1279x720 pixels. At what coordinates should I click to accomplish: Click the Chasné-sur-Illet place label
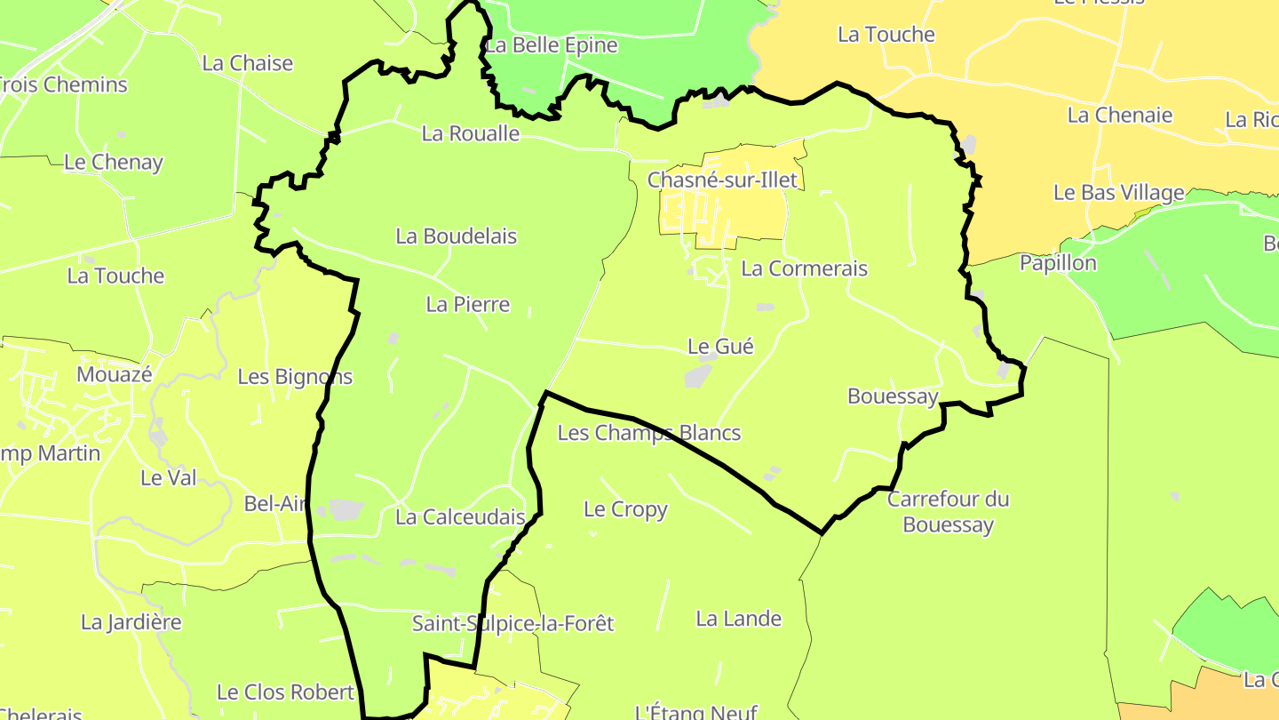point(722,180)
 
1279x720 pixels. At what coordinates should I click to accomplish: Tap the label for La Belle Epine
point(551,45)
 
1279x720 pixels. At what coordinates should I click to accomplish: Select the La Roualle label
point(471,133)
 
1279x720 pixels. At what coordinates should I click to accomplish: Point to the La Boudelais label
point(457,236)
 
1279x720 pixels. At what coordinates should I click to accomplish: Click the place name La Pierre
point(468,305)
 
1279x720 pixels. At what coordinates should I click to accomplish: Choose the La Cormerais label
point(804,268)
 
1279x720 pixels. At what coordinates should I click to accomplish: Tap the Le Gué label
point(720,347)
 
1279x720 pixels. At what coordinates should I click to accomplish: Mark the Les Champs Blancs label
point(648,434)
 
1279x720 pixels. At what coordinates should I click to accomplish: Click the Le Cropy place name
point(625,510)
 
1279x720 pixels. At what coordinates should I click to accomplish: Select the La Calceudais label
point(460,517)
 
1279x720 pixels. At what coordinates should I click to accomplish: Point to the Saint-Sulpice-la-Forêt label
point(512,624)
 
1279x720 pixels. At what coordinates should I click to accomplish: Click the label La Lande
point(738,619)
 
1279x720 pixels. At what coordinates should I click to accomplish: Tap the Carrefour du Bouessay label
point(949,512)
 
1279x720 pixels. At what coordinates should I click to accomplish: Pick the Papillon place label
point(1058,263)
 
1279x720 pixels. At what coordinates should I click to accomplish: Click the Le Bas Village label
point(1119,193)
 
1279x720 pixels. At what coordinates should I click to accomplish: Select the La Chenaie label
point(1120,116)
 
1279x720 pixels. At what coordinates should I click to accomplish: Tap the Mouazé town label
point(115,374)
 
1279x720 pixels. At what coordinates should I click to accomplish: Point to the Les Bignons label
point(295,377)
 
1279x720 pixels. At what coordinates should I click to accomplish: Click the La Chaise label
point(248,63)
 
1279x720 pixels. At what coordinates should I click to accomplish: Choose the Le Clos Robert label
point(286,692)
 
